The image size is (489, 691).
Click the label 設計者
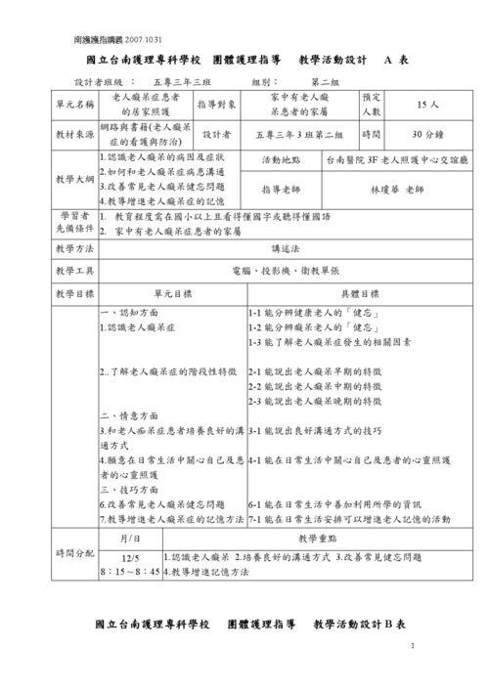[216, 133]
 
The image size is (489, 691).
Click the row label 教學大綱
[75, 179]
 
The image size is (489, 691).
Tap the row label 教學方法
[75, 248]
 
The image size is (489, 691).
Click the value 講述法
[286, 248]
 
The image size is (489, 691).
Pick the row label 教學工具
[75, 270]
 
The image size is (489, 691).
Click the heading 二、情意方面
[130, 414]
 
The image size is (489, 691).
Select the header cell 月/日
[130, 539]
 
